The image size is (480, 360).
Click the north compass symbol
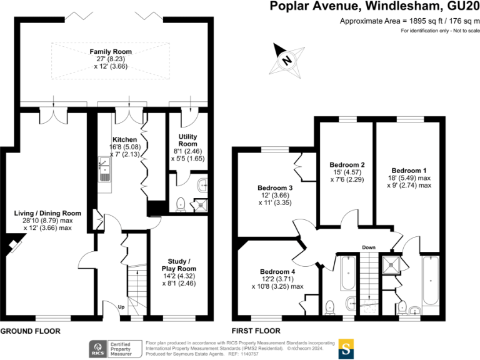[x=286, y=61]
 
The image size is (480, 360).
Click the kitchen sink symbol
[x=105, y=169]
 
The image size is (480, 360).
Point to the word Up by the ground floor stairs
[x=123, y=306]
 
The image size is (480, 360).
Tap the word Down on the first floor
[x=369, y=247]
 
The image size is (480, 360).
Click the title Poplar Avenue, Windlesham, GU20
[x=374, y=7]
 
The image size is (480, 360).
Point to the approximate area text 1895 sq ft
[x=409, y=21]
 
